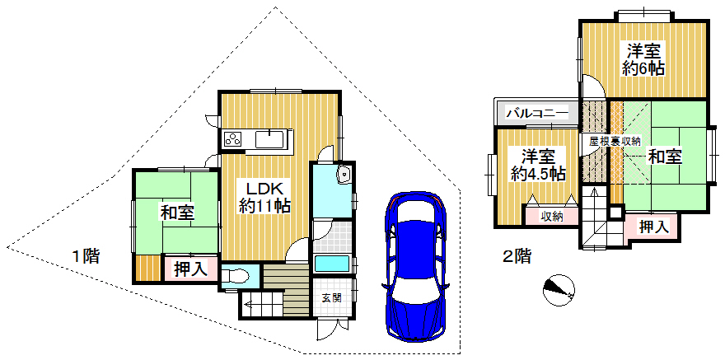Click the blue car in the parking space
pos(415,266)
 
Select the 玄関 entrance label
pos(331,297)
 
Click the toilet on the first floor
pos(236,277)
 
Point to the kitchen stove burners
pos(233,138)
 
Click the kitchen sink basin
pos(269,138)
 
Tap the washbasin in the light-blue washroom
pos(344,175)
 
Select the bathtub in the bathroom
pos(332,264)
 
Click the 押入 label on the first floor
pos(189,269)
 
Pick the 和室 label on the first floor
pos(177,213)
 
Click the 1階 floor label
pos(86,256)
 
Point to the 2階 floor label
pos(516,255)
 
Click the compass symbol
pos(559,291)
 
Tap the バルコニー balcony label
pos(537,113)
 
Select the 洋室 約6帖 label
pos(643,59)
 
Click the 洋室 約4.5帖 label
pos(538,165)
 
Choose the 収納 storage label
pos(551,216)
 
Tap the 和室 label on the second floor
pos(665,157)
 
